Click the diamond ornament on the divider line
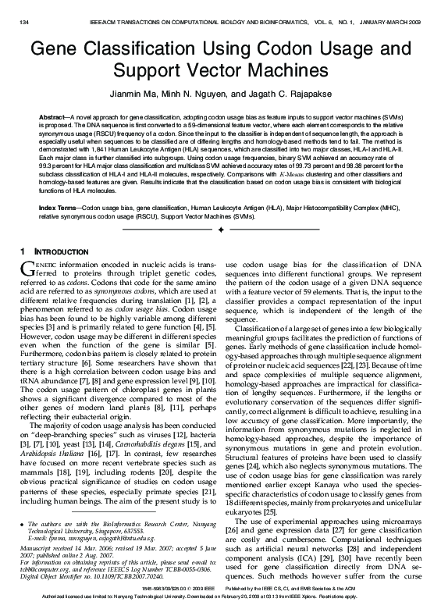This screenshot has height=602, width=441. click(x=221, y=231)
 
